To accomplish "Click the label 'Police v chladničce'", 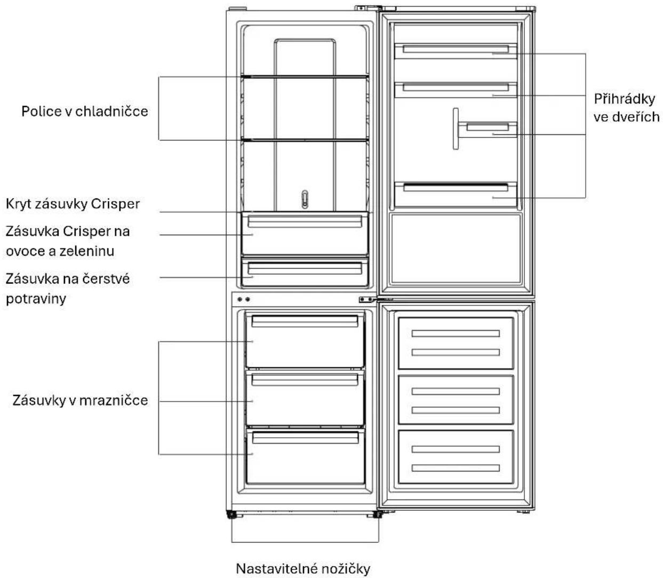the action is pos(85,111).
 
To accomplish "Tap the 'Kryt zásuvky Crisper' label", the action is pos(73,204).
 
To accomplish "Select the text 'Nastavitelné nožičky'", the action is pos(303,569).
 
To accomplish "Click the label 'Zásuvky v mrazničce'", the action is pos(80,400).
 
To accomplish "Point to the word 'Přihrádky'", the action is pos(625,99).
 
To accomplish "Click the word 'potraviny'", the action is pos(36,299).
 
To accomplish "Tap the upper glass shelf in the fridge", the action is pos(305,77).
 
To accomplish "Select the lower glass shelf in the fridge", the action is pos(305,140).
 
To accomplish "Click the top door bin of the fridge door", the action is pos(456,51).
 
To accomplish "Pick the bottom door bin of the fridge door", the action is pos(456,194).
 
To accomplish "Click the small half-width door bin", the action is pos(488,130).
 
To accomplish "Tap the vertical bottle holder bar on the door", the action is pos(456,129).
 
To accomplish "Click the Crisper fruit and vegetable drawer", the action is pos(305,234).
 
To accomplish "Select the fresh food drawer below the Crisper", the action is pos(305,272).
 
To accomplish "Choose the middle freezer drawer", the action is pos(305,398).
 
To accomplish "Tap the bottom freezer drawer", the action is pos(305,456).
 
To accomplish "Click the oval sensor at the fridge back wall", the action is pos(305,199).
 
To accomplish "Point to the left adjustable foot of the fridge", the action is pos(231,514).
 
